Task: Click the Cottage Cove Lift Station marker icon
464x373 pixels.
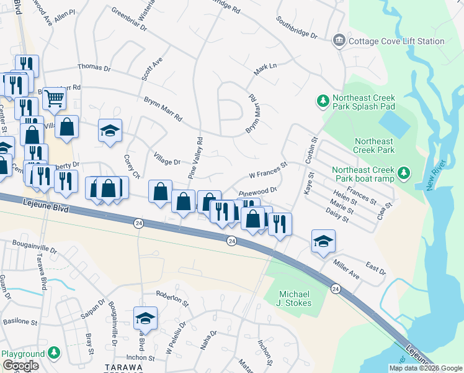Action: tap(339, 41)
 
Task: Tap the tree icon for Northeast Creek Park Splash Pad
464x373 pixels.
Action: tap(323, 99)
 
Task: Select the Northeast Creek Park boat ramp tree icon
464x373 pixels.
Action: tap(404, 171)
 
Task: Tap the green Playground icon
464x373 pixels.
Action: tap(55, 353)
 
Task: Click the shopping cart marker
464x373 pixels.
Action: tap(55, 98)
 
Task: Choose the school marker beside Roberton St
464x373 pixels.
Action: tap(146, 318)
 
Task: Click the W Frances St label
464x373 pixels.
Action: tap(269, 170)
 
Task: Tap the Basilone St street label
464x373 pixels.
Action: tap(18, 323)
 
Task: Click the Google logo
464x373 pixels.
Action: tap(20, 366)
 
